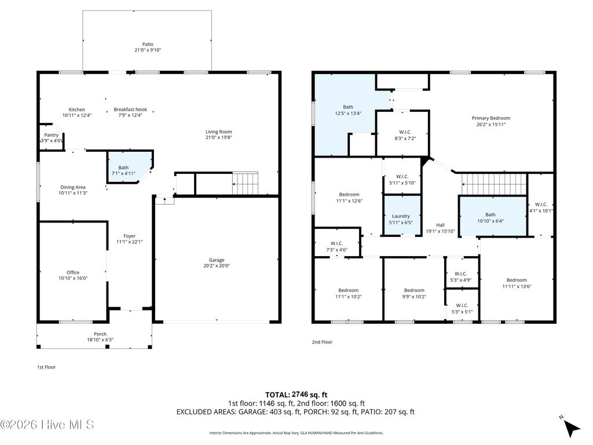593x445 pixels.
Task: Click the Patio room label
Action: pyautogui.click(x=148, y=43)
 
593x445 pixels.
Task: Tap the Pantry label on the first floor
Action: pyautogui.click(x=52, y=135)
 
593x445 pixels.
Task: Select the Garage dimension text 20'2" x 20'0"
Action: pyautogui.click(x=217, y=267)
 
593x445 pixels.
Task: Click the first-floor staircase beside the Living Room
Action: pyautogui.click(x=245, y=184)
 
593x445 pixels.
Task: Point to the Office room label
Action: pyautogui.click(x=73, y=272)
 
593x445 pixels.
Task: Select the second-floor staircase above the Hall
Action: pyautogui.click(x=494, y=185)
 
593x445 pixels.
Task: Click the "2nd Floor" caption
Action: pyautogui.click(x=322, y=342)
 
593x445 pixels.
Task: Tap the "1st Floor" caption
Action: pyautogui.click(x=46, y=367)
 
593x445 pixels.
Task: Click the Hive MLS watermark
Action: pyautogui.click(x=47, y=425)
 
